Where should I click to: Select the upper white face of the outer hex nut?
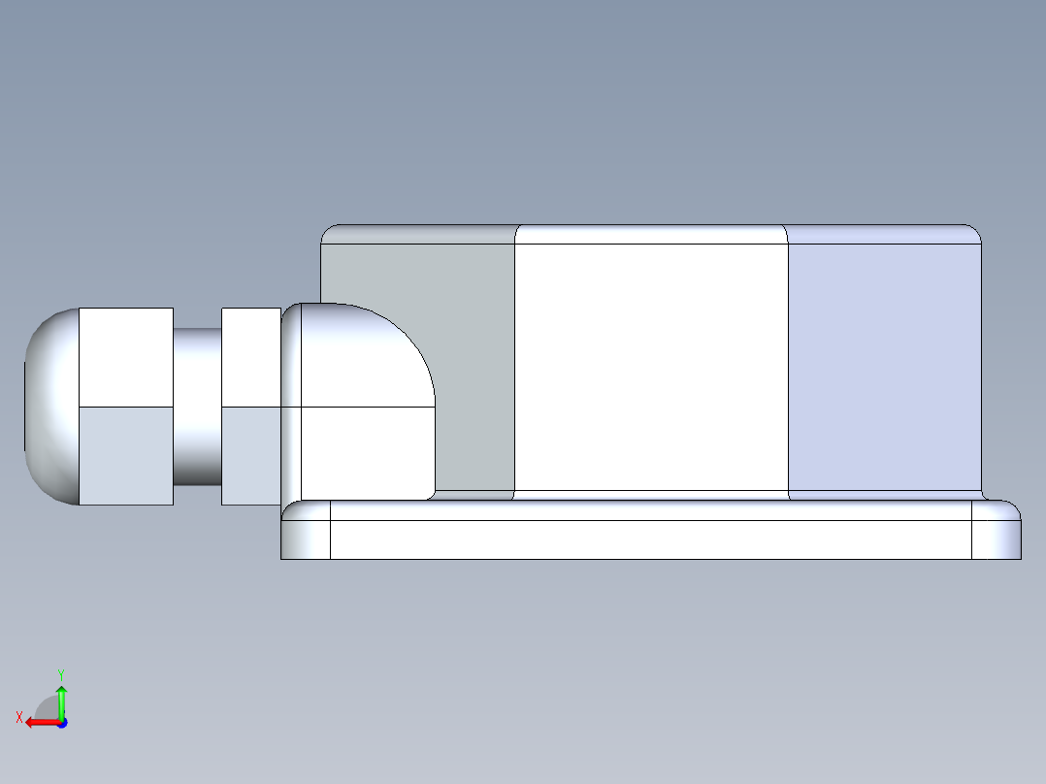pos(125,356)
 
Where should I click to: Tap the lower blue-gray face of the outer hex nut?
pos(125,455)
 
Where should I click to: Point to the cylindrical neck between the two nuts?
pos(197,406)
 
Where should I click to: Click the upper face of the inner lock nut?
pos(250,356)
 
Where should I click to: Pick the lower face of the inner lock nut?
pos(250,455)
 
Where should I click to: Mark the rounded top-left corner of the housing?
pos(333,234)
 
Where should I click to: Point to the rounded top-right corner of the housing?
pos(969,234)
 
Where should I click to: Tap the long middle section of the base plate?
pos(650,539)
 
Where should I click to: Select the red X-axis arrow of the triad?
pos(39,722)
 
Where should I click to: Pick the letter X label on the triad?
pos(19,717)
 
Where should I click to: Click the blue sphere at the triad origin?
pos(61,723)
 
